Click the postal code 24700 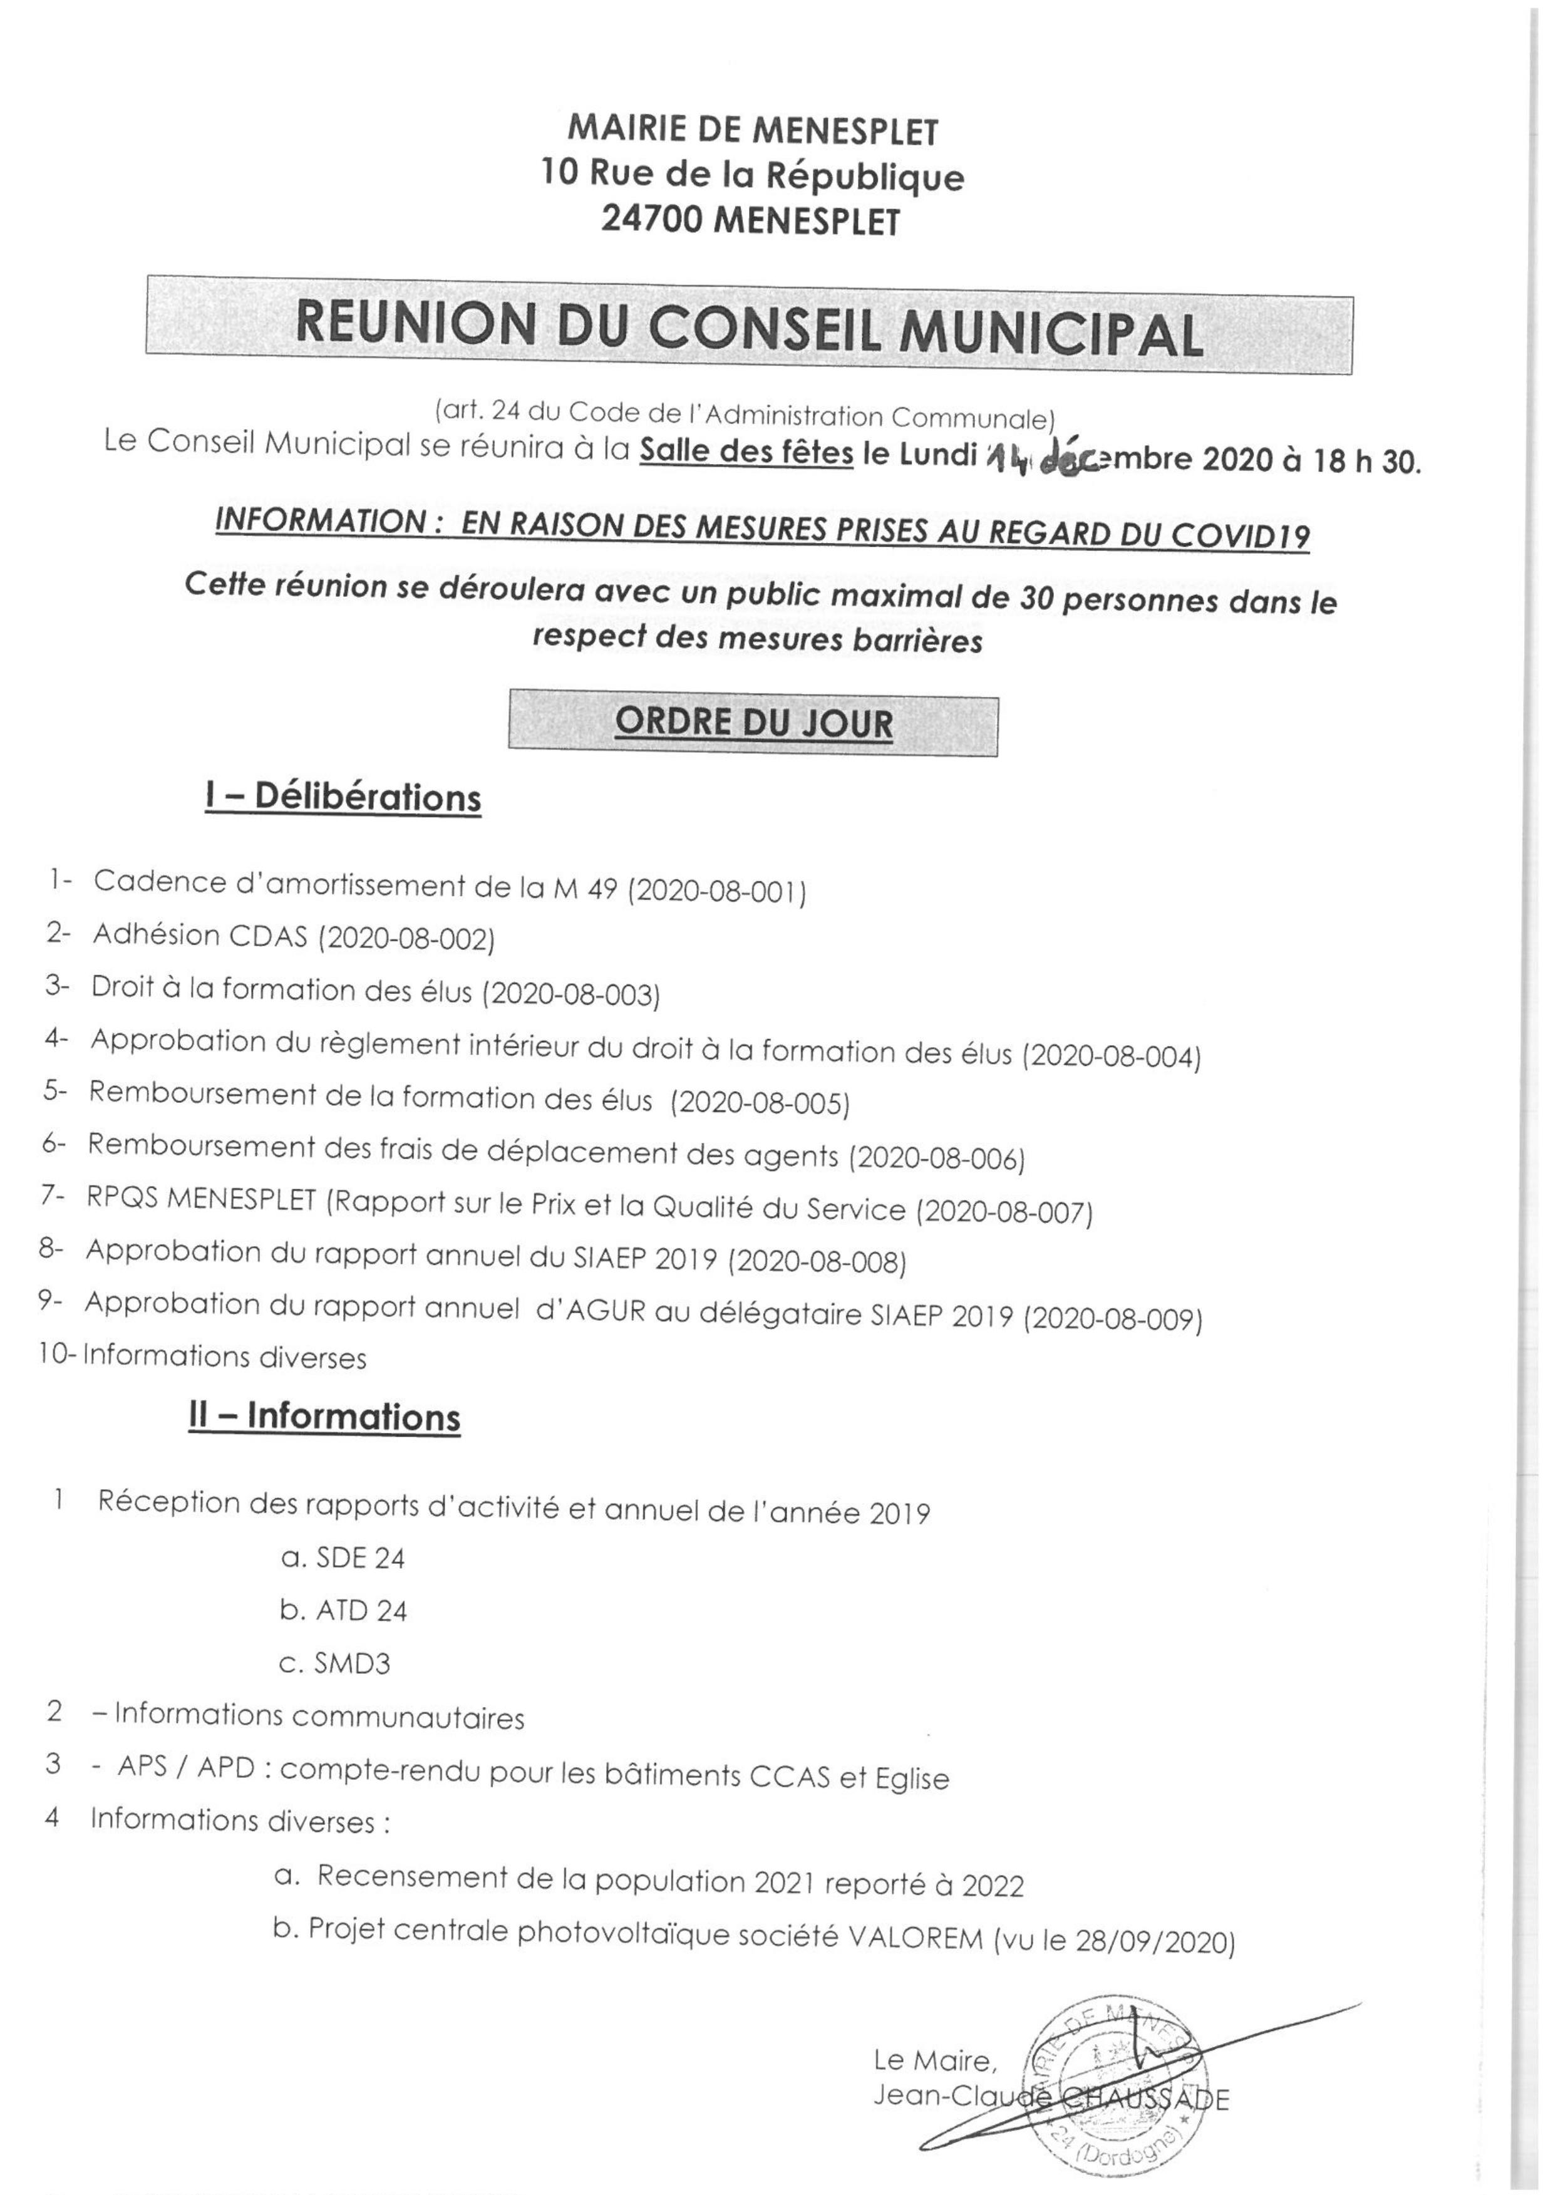click(x=649, y=222)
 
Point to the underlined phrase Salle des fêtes click(x=746, y=452)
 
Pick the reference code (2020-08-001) click(x=716, y=891)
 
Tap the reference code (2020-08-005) click(x=760, y=1103)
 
